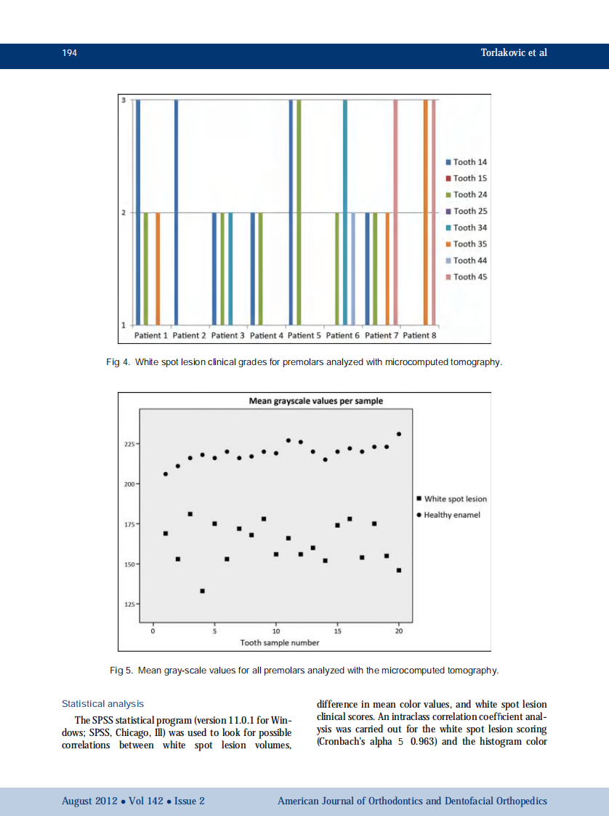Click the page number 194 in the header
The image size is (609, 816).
[x=69, y=53]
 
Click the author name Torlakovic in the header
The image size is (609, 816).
[x=506, y=53]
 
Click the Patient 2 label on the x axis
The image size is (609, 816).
[x=190, y=335]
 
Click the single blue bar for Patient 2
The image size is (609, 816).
[x=176, y=211]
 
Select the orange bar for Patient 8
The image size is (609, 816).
[x=426, y=211]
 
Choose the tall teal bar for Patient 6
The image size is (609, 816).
[x=345, y=211]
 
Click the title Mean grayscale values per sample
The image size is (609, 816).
[x=315, y=401]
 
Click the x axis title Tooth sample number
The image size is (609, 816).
[x=280, y=643]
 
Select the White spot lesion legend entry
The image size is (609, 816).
[x=455, y=499]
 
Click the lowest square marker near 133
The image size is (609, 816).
[x=203, y=591]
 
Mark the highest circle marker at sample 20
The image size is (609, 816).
[x=399, y=434]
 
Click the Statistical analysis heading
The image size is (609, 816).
[x=102, y=704]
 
